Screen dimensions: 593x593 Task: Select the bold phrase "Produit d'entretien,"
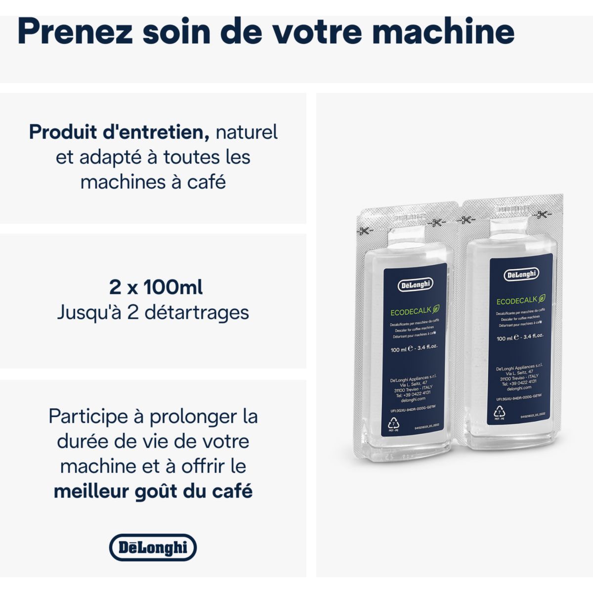coord(116,132)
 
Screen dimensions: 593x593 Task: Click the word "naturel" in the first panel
coord(247,132)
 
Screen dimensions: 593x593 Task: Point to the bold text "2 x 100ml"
coord(156,287)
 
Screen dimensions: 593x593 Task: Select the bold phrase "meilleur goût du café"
coord(153,491)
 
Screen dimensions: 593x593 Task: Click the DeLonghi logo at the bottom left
coord(153,547)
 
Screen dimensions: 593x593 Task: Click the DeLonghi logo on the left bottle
coord(415,285)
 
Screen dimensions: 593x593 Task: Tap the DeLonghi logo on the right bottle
coord(521,274)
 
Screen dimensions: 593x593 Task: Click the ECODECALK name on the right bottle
coord(517,301)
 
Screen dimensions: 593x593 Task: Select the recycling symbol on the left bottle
coord(394,424)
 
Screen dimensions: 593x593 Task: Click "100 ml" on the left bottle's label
coord(398,350)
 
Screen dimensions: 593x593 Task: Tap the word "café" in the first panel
coord(206,182)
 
